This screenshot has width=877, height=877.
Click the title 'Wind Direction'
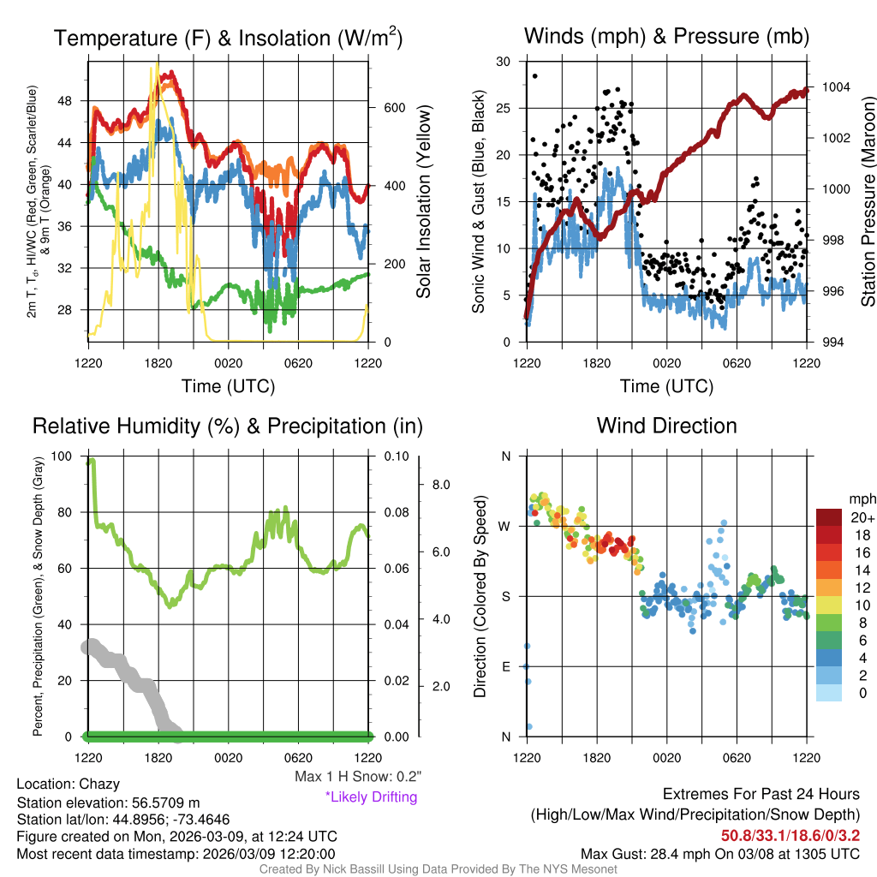[666, 426]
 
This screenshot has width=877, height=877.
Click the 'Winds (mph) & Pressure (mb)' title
[666, 37]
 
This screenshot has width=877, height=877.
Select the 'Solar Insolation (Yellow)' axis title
[423, 202]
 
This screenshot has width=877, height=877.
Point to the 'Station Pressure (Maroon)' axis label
[868, 202]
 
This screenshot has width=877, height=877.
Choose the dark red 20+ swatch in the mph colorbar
[829, 517]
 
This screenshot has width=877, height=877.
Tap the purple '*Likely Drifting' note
[371, 797]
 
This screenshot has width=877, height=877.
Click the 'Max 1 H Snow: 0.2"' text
[358, 777]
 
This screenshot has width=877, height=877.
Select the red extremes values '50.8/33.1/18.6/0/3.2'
[790, 835]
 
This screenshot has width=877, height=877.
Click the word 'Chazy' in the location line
[99, 784]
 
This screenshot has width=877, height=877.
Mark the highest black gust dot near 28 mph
[535, 76]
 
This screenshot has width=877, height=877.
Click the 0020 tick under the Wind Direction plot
[666, 758]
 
